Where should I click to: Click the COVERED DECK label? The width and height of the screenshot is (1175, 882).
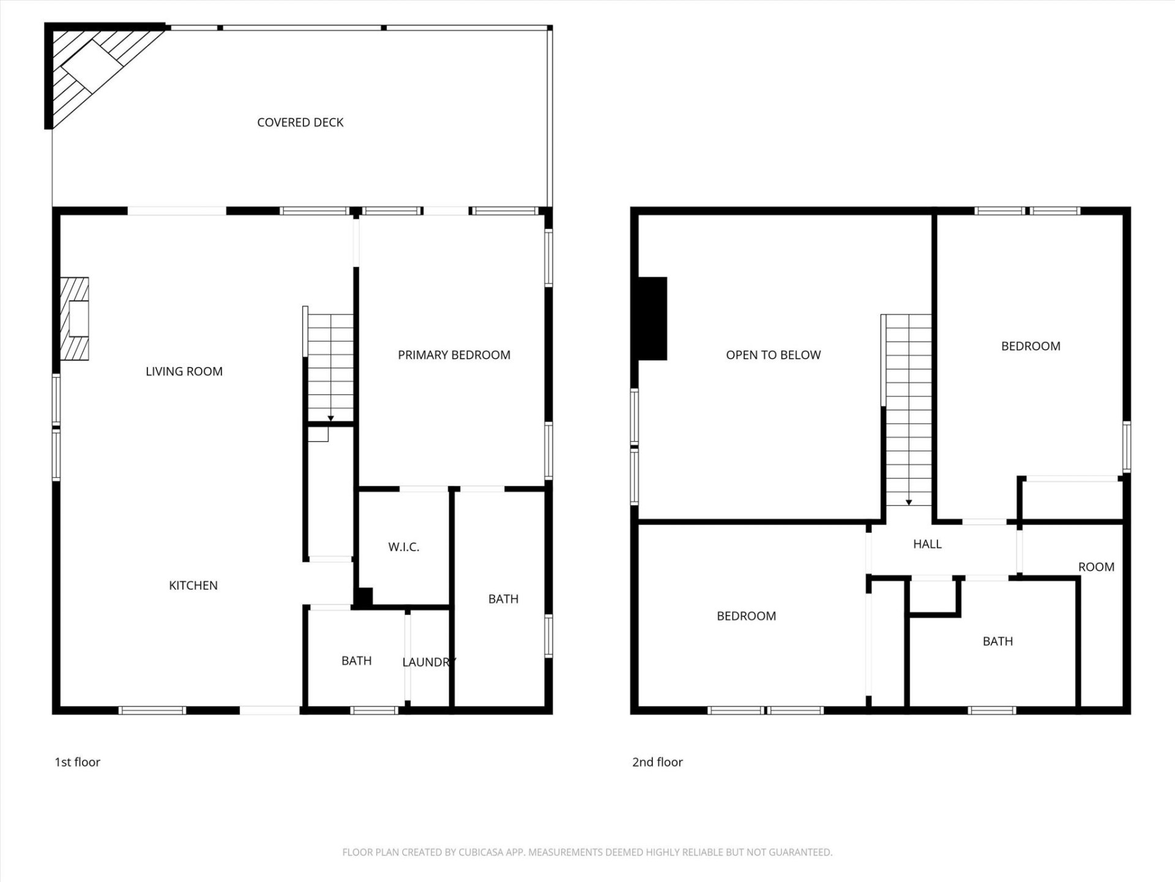click(300, 123)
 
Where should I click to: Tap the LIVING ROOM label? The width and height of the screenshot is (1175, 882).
click(184, 371)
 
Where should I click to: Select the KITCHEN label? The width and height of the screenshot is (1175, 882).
click(193, 586)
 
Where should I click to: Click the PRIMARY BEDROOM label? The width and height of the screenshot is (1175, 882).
click(453, 355)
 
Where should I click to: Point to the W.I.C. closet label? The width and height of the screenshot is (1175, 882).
click(403, 547)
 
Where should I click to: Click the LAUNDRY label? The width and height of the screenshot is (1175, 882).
click(428, 662)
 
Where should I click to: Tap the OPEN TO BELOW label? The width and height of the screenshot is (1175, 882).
click(773, 355)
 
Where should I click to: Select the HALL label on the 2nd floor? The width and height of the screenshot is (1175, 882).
click(927, 544)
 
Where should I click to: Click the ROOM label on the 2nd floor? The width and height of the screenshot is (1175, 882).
click(1095, 567)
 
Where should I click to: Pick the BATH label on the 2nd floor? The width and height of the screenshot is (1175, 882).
click(998, 641)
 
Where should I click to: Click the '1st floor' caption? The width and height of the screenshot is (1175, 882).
click(77, 762)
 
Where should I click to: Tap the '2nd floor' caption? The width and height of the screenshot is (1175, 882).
click(657, 762)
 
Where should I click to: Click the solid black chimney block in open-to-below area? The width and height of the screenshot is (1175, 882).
click(652, 318)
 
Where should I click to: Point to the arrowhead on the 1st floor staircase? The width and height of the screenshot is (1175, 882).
click(330, 418)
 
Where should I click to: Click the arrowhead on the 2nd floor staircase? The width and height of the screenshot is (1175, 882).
click(909, 502)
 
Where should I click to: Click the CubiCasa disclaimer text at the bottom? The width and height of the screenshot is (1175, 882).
click(587, 852)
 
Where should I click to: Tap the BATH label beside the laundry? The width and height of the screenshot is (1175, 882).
click(356, 661)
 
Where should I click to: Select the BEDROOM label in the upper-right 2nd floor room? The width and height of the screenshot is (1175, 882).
click(1030, 346)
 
